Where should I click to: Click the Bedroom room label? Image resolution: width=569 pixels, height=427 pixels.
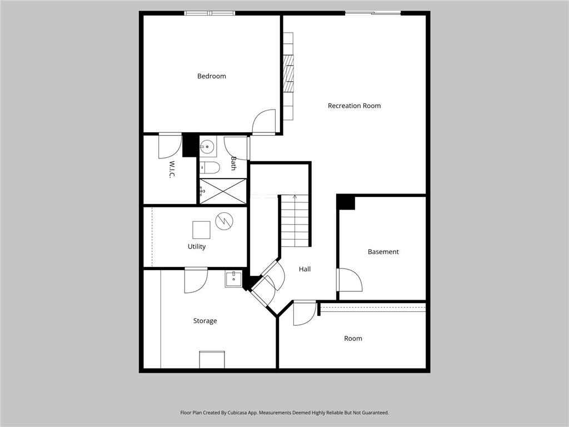coord(212,76)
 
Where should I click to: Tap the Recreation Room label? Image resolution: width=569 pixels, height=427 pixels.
coord(354,106)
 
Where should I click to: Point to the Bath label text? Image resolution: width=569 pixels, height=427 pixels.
coord(234,163)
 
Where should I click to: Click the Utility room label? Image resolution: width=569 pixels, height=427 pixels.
coord(197,246)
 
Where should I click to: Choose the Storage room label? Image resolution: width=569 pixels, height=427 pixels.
coord(205,321)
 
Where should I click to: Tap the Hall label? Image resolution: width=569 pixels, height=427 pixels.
coord(305,269)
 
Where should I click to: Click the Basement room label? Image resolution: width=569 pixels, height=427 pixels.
coord(383,252)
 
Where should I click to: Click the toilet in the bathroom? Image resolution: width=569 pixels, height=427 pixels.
coord(209,167)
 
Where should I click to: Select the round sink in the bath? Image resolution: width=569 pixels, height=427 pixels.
coord(207,147)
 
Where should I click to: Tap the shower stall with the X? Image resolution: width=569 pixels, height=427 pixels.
coord(222,191)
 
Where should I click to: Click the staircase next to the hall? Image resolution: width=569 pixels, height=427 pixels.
coord(295,221)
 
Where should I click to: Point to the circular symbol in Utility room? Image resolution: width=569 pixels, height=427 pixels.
coord(224,221)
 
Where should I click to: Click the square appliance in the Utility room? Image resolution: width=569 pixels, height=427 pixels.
coord(201,230)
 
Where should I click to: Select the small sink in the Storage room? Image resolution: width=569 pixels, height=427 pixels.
coord(233,279)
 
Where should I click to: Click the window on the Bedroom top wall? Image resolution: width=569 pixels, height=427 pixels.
coord(209,13)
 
